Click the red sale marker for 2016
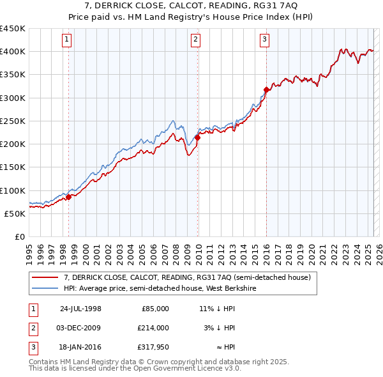[266, 89]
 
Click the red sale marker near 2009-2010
[197, 137]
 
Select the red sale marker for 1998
[68, 197]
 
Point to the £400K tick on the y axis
[13, 52]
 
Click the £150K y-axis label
[13, 167]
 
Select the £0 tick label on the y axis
[19, 236]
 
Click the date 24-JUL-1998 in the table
[80, 309]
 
